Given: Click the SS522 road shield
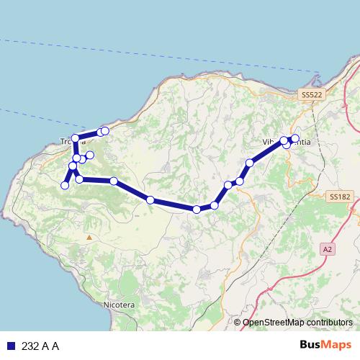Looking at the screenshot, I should click(312, 94).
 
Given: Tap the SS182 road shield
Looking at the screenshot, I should click(339, 196).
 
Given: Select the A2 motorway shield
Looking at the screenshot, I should click(328, 249).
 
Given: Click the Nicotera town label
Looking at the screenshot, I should click(119, 305).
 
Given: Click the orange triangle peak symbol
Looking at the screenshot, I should click(89, 236).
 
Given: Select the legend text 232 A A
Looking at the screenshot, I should click(40, 346).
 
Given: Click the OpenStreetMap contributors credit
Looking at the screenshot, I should click(297, 323).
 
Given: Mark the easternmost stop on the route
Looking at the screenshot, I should click(295, 138).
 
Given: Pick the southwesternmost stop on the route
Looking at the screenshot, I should click(65, 185).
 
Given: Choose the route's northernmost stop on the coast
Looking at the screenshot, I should click(105, 130).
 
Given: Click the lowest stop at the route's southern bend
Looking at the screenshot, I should click(197, 209).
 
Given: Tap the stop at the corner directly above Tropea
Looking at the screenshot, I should click(75, 137).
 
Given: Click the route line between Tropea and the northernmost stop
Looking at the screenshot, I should click(88, 134).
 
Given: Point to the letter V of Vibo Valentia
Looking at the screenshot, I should click(266, 142).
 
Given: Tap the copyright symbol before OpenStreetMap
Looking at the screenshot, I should click(238, 323).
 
